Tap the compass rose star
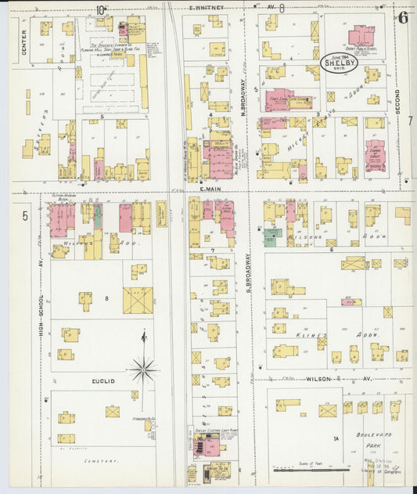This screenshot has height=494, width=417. (x=143, y=368)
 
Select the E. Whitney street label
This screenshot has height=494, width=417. (x=207, y=7)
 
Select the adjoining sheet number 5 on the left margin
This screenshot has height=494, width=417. (x=24, y=215)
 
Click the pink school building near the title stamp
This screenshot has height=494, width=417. (x=361, y=36)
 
